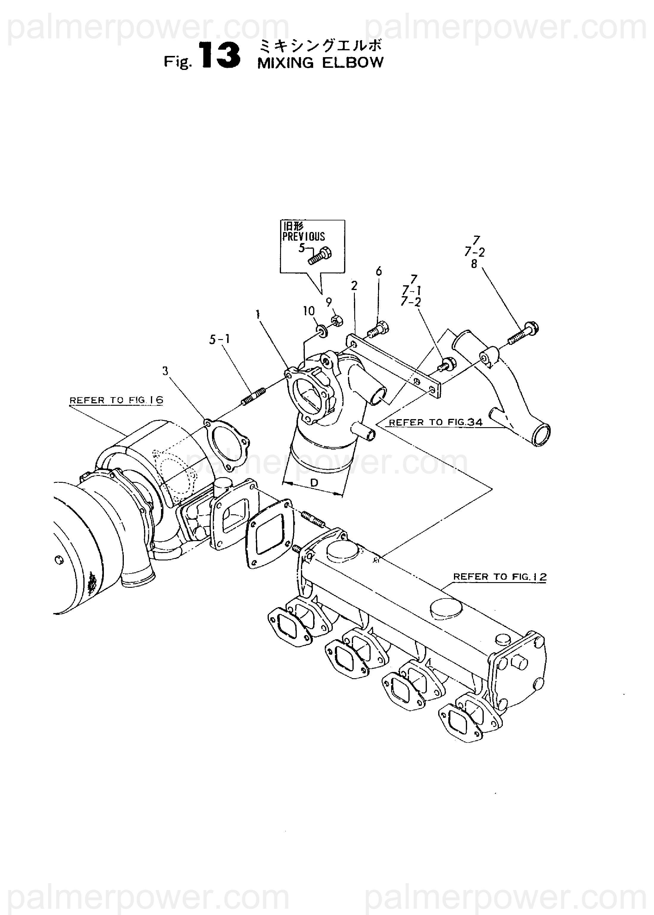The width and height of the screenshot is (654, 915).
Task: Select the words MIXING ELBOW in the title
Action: coord(320,63)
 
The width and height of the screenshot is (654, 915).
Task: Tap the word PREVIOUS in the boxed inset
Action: coord(303,236)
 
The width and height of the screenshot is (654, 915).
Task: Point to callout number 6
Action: coord(379,272)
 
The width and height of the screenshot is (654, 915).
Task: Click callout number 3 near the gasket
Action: coord(165,371)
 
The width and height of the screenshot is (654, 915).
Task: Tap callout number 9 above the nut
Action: coord(329,302)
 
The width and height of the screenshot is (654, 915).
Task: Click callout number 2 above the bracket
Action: coord(354,286)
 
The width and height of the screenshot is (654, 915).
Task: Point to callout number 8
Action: coord(474,264)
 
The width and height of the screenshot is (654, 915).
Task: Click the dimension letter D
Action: coord(315,483)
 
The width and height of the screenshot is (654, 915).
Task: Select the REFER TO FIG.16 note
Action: coord(116,400)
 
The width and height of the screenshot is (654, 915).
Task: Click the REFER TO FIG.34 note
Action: coord(435,422)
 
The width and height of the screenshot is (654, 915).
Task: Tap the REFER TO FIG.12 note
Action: coord(500,576)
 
